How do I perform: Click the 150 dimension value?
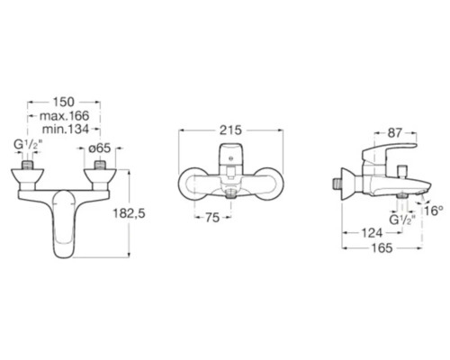(x=64, y=102)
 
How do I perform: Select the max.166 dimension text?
(x=65, y=116)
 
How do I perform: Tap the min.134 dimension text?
(x=66, y=130)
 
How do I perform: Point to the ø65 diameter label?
(x=101, y=148)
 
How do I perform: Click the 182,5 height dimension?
(x=129, y=213)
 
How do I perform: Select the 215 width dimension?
(x=230, y=130)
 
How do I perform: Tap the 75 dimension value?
(x=212, y=218)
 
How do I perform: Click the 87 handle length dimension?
(x=394, y=133)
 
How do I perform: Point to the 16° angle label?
(x=434, y=211)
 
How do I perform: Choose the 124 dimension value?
(x=372, y=232)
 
